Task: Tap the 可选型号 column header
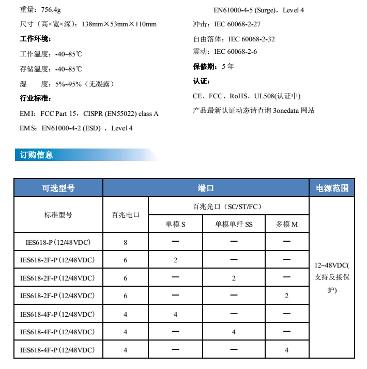tap(58, 188)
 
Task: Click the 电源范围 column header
tap(332, 188)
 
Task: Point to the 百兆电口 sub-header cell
tap(126, 215)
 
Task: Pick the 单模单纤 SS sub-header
tap(234, 224)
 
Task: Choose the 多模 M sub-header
tap(286, 224)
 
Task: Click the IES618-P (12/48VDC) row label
tap(57, 242)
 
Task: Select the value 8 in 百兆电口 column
tap(126, 242)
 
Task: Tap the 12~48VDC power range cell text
tap(332, 265)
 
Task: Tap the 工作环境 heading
tap(35, 39)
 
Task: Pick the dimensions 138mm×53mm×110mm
tap(120, 24)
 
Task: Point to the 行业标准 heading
tap(35, 98)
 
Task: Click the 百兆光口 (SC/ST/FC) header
tap(227, 206)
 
